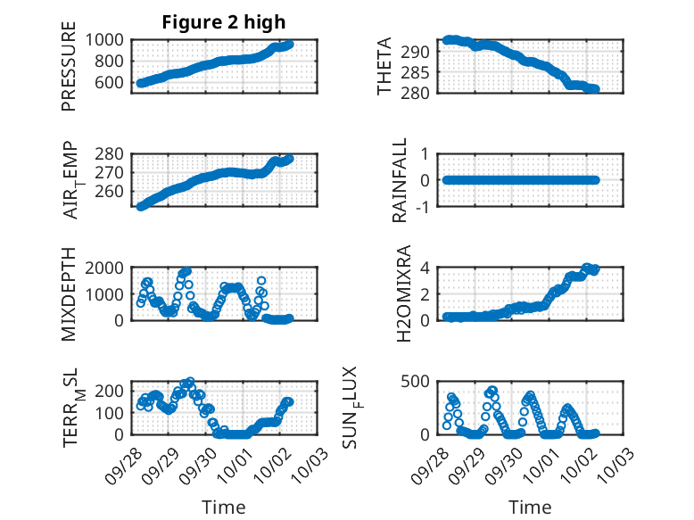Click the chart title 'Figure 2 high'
click(224, 23)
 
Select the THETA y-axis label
click(384, 66)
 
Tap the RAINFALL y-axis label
click(401, 180)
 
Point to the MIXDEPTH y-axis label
click(69, 293)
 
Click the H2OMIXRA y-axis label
click(401, 293)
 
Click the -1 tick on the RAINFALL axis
click(425, 207)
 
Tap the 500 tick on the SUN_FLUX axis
click(422, 382)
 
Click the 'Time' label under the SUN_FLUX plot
click(530, 507)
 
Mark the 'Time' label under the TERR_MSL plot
click(224, 507)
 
